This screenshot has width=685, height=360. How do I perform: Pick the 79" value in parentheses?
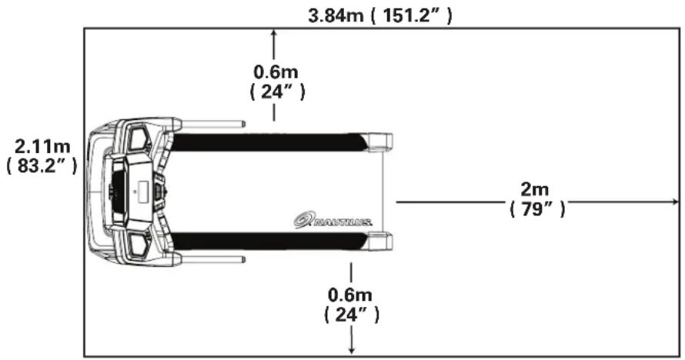tap(536, 208)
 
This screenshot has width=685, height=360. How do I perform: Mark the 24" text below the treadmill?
tap(352, 314)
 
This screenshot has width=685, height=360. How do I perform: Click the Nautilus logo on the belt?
tap(333, 221)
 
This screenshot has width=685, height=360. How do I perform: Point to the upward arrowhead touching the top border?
tap(275, 32)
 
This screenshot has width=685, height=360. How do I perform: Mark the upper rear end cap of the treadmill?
tap(380, 142)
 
